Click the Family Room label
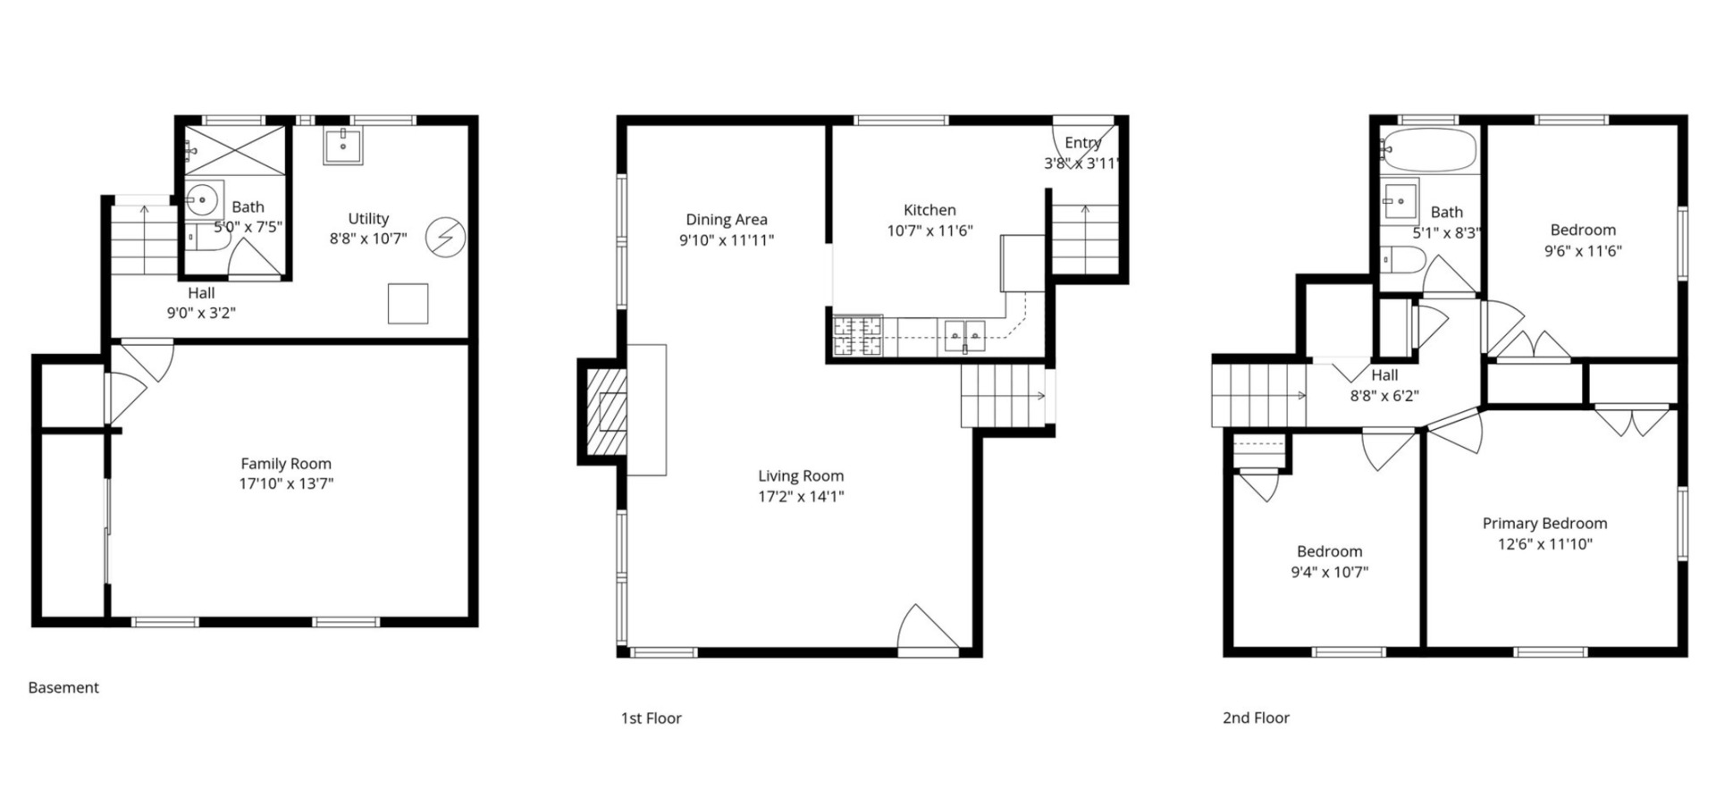click(286, 464)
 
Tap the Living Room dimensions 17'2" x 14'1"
click(801, 497)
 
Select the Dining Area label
click(727, 219)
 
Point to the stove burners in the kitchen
click(858, 337)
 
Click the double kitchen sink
click(965, 337)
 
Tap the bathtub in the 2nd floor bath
click(1429, 149)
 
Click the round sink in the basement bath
click(205, 198)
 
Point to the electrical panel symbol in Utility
click(445, 237)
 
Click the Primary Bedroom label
click(1544, 524)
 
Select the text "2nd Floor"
click(1256, 718)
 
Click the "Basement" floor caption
click(63, 687)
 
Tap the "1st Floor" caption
click(651, 718)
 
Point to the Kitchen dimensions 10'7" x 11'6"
click(929, 231)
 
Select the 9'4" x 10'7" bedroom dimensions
click(1329, 572)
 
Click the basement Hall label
click(201, 293)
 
